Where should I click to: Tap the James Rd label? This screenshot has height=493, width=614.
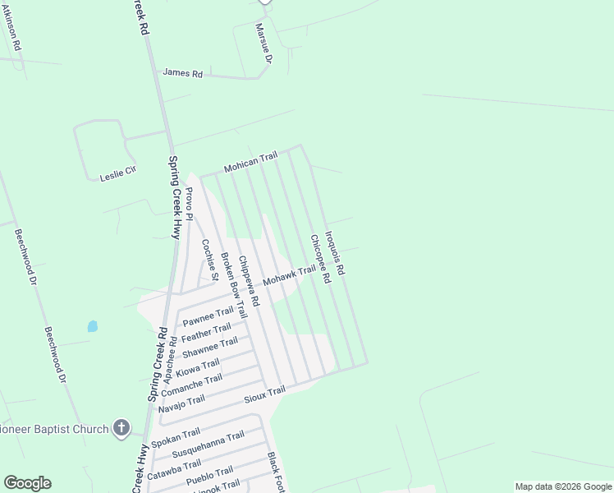(182, 73)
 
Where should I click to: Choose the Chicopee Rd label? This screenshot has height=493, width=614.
(319, 259)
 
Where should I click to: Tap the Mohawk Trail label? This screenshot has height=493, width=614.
(289, 276)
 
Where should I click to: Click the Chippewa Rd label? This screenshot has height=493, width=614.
(249, 282)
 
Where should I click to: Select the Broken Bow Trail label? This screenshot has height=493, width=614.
(232, 284)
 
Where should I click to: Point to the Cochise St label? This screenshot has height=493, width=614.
(209, 260)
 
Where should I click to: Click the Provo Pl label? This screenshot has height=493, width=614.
(190, 204)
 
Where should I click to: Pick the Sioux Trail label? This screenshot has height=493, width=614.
(264, 395)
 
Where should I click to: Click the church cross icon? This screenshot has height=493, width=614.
(121, 428)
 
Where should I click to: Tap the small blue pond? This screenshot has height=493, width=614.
(92, 326)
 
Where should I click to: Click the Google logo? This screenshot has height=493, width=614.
(27, 482)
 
